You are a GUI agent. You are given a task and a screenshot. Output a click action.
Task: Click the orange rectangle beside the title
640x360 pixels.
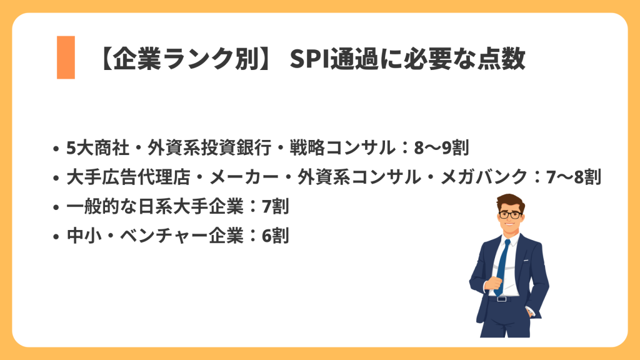click(x=66, y=57)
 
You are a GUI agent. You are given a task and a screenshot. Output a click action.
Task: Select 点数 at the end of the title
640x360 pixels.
click(x=504, y=60)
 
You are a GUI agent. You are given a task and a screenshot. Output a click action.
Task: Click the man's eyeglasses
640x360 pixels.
click(x=511, y=214)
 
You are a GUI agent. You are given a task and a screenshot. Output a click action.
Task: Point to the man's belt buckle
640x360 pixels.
click(x=501, y=299)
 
